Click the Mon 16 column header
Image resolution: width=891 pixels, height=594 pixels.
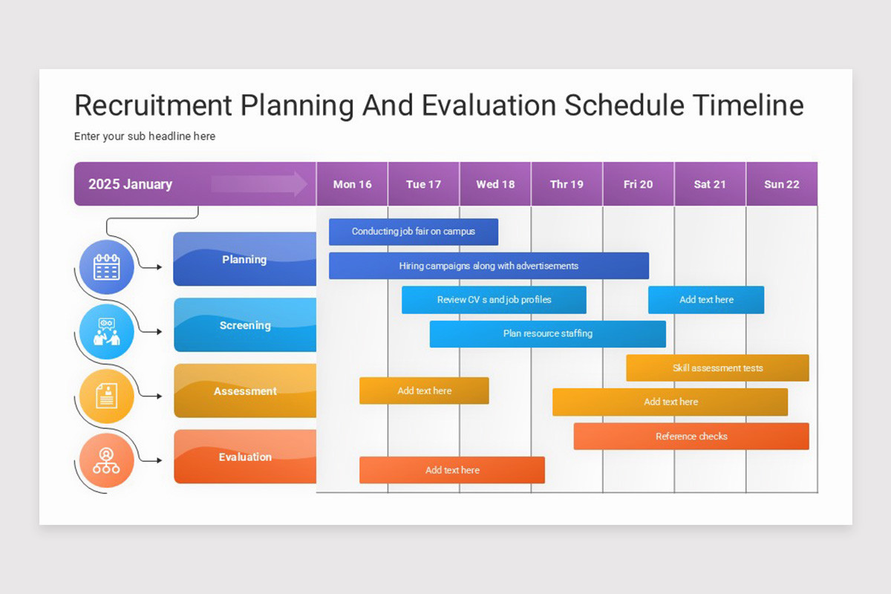click(x=352, y=184)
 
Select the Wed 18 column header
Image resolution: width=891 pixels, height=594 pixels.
click(x=495, y=184)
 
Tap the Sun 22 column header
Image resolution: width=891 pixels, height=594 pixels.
click(x=782, y=184)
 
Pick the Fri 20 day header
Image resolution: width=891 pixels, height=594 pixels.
click(x=638, y=184)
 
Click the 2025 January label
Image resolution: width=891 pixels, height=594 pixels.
click(x=131, y=184)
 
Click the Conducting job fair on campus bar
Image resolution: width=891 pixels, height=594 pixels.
click(x=414, y=232)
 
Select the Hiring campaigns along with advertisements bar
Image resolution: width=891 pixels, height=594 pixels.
click(x=489, y=266)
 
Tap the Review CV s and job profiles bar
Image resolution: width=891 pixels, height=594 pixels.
click(x=494, y=300)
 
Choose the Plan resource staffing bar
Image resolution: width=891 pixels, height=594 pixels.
click(x=547, y=334)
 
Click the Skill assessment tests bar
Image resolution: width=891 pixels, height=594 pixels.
click(x=717, y=368)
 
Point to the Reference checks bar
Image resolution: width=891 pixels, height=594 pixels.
click(x=691, y=437)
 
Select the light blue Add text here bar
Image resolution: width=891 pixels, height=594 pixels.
click(x=706, y=300)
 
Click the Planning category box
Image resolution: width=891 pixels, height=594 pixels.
click(x=244, y=259)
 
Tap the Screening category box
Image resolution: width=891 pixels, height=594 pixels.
click(x=244, y=325)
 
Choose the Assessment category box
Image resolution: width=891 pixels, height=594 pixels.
click(x=244, y=391)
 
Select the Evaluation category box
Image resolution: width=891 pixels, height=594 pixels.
click(x=244, y=457)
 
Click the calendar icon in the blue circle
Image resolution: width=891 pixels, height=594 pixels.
click(x=107, y=267)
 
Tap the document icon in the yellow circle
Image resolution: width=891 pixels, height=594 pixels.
click(x=107, y=396)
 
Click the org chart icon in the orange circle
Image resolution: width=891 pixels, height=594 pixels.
click(x=106, y=461)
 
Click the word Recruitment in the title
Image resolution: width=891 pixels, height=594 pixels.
click(x=153, y=105)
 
